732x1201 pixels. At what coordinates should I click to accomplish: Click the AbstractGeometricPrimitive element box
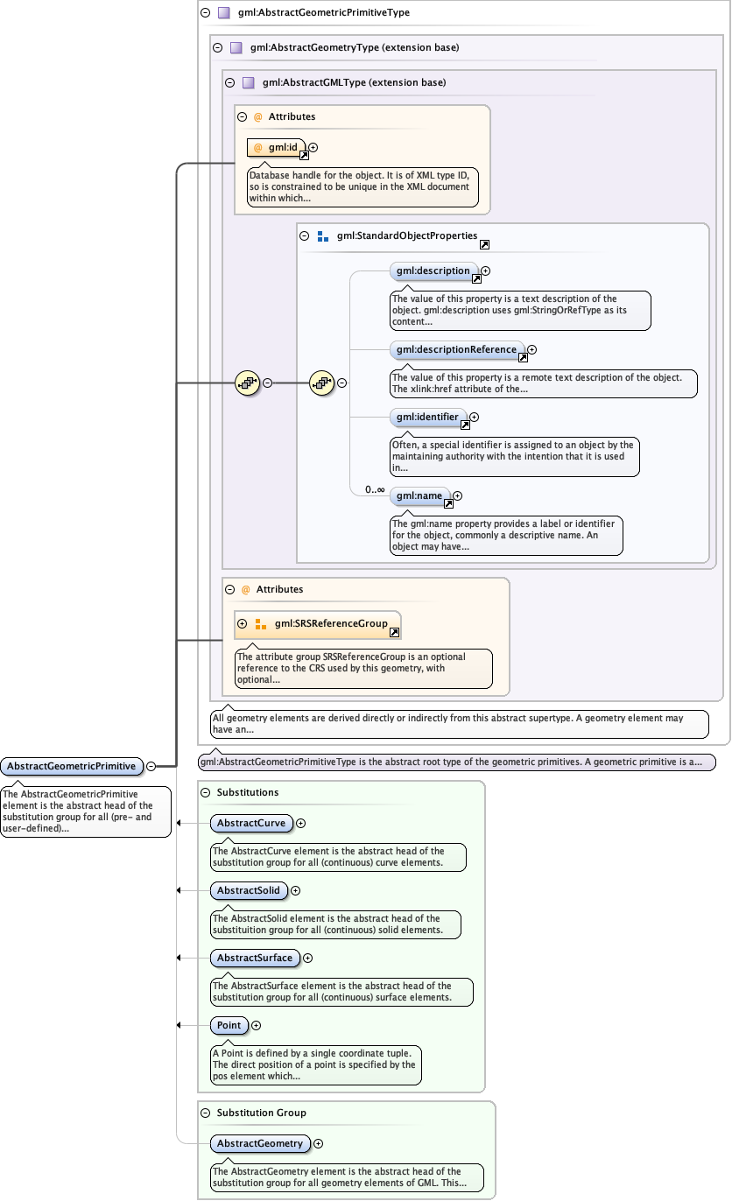point(72,766)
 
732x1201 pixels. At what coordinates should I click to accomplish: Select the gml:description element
point(433,271)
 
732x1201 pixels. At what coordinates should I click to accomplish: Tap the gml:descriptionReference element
point(456,349)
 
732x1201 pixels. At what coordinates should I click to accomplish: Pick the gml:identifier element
point(427,418)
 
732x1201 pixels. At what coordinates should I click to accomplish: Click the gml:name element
point(419,496)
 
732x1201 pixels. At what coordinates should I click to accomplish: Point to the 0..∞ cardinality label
point(375,489)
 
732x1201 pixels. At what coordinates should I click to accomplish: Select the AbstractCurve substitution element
point(251,823)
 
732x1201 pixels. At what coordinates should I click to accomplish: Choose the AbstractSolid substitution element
point(249,890)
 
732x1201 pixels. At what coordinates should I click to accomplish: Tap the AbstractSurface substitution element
point(255,958)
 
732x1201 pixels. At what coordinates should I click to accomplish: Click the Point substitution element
point(229,1025)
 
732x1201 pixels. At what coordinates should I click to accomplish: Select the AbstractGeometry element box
point(260,1143)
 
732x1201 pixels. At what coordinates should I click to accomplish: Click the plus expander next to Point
point(257,1025)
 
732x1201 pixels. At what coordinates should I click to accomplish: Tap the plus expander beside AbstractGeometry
point(319,1143)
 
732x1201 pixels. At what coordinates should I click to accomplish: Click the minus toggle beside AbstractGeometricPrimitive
point(151,766)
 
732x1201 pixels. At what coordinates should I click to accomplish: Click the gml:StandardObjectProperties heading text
point(406,235)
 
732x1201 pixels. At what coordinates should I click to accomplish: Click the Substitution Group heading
point(261,1113)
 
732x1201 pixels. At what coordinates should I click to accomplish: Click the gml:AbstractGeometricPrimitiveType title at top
point(323,13)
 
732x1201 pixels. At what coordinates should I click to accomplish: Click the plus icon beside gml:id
point(313,148)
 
